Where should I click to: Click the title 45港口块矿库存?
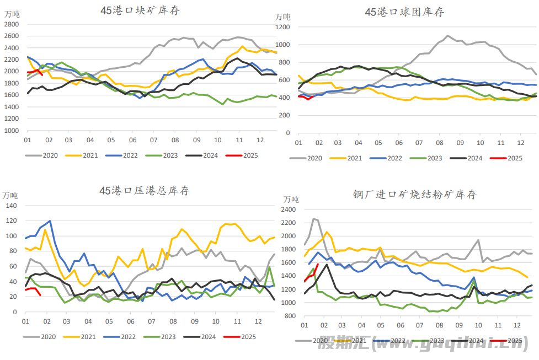pos(140,10)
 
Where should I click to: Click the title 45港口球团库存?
pos(404,12)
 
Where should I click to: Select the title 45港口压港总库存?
pos(144,191)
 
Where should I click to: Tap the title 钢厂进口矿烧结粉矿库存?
pos(414,194)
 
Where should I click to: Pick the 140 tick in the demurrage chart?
pos(12,206)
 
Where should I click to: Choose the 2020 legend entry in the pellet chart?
pos(314,158)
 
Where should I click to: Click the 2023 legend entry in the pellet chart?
pos(434,158)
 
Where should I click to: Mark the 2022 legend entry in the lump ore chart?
pos(130,155)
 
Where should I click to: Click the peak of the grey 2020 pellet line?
pos(447,36)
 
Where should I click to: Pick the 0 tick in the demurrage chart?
pos(16,312)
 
